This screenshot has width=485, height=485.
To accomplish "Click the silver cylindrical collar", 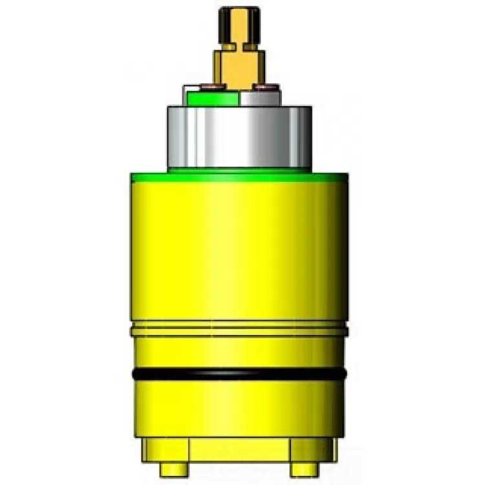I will click(x=239, y=137).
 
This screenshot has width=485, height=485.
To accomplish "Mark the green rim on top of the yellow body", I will click(x=239, y=175).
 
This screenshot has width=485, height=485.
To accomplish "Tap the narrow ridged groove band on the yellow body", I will click(x=239, y=330).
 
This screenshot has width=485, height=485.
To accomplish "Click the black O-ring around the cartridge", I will click(x=239, y=374).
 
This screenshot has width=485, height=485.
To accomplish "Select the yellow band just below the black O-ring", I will click(x=239, y=407).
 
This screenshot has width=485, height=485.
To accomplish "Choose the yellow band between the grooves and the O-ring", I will click(x=239, y=352).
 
